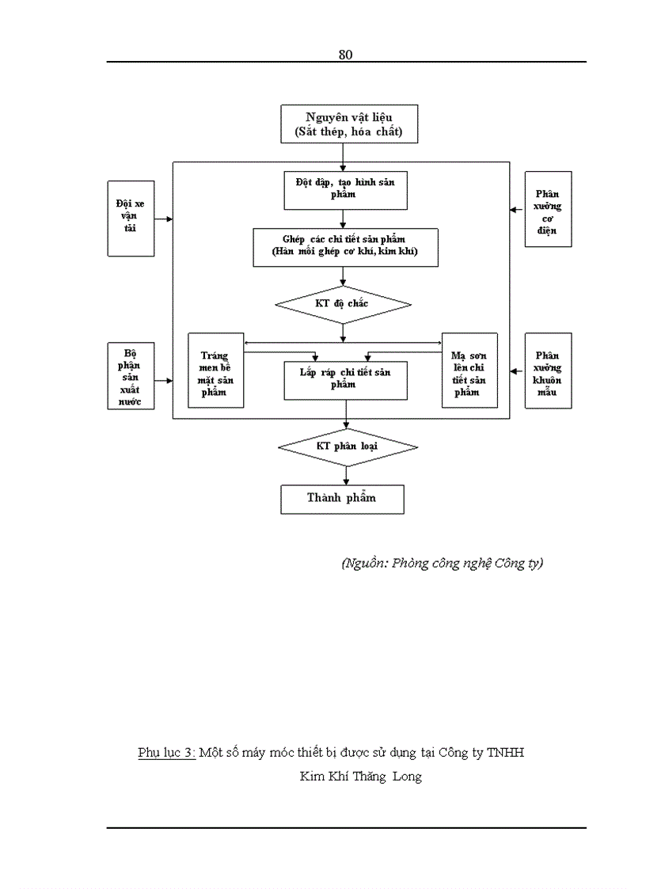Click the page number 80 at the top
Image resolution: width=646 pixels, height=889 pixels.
[x=344, y=55]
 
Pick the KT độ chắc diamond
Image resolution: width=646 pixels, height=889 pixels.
[x=343, y=305]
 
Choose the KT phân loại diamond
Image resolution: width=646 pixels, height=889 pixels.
[x=347, y=447]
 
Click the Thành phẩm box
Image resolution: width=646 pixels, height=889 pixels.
[x=342, y=499]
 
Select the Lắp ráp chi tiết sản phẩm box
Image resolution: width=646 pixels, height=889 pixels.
[x=345, y=379]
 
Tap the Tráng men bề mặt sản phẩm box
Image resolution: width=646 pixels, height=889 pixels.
[x=215, y=370]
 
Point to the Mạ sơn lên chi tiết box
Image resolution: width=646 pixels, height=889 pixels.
[x=469, y=370]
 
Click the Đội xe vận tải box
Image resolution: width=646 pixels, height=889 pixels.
[x=131, y=218]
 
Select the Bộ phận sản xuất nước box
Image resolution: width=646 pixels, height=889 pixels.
[x=131, y=377]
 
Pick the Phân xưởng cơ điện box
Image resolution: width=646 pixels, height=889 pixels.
[x=547, y=210]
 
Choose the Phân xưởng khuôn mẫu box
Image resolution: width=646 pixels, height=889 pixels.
[x=547, y=370]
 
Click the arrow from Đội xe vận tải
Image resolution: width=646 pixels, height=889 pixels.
[x=164, y=218]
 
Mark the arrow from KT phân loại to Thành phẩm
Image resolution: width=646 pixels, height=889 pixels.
[x=346, y=476]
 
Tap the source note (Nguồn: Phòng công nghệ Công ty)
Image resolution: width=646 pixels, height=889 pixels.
[x=442, y=564]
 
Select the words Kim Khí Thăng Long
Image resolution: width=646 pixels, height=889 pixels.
[x=360, y=777]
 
